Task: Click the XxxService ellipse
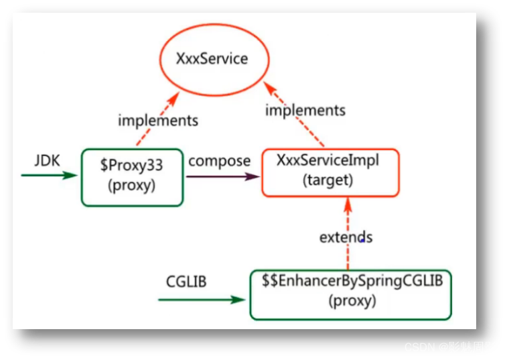212,59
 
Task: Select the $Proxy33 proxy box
131,177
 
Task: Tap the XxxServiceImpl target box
330,172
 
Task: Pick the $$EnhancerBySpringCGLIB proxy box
350,294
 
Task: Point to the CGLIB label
186,282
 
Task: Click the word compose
219,161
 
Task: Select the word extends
346,237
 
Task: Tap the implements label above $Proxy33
158,121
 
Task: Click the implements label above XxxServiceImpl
305,110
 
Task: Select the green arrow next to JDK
50,176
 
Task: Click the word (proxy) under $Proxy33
131,186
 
